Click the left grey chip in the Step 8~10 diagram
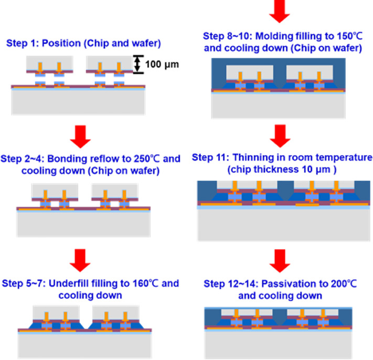point(249,71)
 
